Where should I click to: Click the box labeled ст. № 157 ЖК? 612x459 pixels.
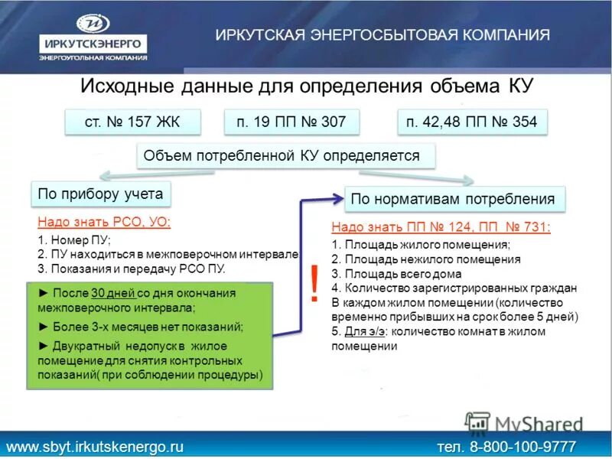coord(132,122)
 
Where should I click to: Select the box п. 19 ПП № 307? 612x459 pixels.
coord(292,122)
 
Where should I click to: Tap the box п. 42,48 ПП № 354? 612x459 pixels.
coord(472,122)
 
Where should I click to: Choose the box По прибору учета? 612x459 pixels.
coord(101,194)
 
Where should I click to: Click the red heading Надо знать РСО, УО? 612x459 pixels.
coord(105,223)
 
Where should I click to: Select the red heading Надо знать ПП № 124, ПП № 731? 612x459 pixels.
coord(441,227)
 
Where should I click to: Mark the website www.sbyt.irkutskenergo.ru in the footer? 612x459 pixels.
coord(96,445)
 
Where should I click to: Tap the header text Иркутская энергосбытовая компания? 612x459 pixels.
coord(382,35)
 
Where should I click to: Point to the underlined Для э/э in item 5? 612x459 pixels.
coord(361,331)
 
